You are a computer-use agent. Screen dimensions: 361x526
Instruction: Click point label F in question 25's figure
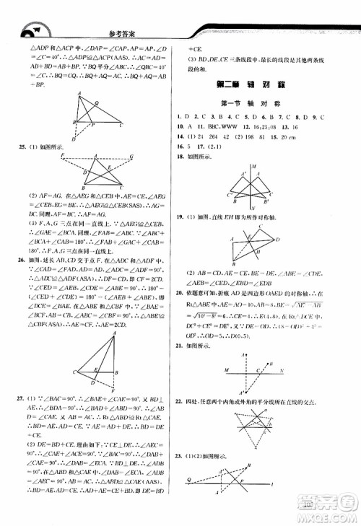(x=63, y=154)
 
